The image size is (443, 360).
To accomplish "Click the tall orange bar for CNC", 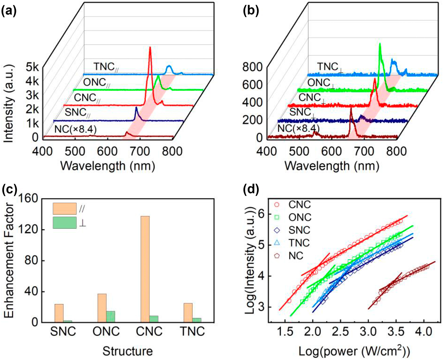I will (x=145, y=269).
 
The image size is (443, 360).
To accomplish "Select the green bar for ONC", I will (x=110, y=317).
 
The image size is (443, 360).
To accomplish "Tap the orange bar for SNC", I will (x=59, y=313).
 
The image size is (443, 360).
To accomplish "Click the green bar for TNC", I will (x=197, y=320).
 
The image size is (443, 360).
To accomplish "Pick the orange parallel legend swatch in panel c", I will (x=65, y=209).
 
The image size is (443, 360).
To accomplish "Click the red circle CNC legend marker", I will (x=277, y=205).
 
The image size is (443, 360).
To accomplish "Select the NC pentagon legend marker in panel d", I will (x=277, y=256).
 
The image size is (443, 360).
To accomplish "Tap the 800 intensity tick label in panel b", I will (x=252, y=67).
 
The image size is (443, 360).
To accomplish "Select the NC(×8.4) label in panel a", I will (x=75, y=129).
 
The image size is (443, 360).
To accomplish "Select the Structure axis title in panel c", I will (x=128, y=351).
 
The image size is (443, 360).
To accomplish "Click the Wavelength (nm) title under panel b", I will (x=332, y=166).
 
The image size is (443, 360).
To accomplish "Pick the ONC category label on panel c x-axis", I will (x=106, y=332).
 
